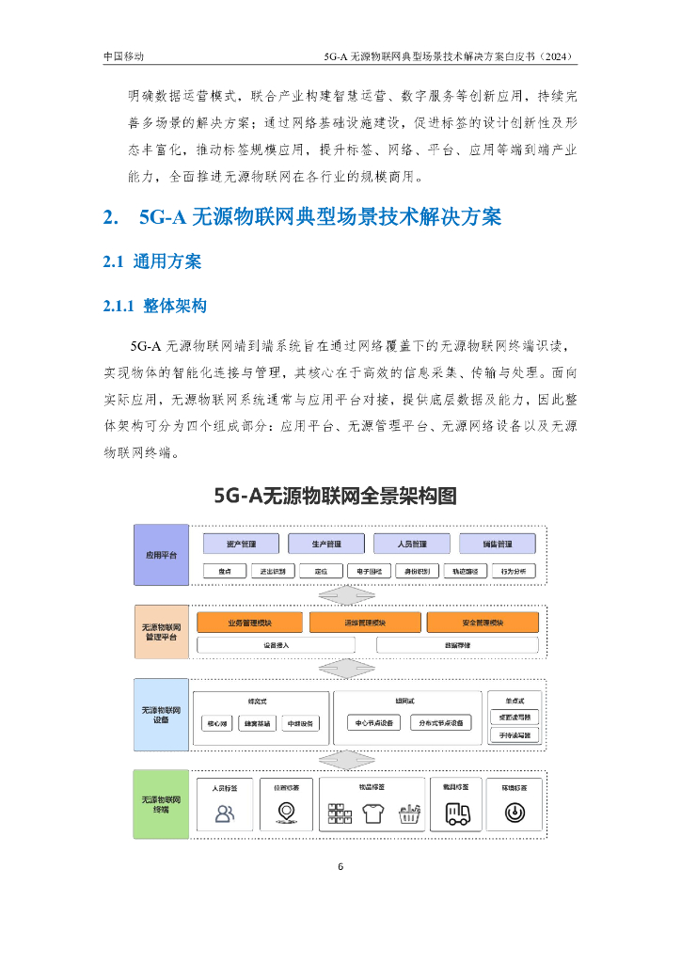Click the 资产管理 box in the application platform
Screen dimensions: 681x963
click(x=242, y=544)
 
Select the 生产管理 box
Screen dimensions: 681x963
click(x=327, y=544)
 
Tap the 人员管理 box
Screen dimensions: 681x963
click(x=412, y=544)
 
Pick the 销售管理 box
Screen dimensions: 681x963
click(x=498, y=544)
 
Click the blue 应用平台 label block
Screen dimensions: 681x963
click(x=161, y=556)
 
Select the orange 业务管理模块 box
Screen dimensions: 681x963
click(x=249, y=623)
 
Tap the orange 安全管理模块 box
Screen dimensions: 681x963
click(x=483, y=623)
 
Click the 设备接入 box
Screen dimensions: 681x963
click(x=277, y=645)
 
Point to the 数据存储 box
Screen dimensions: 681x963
click(x=457, y=645)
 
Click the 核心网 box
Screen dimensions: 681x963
click(x=217, y=723)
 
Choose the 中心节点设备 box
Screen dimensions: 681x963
click(x=374, y=723)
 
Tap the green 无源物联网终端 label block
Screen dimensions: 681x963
click(x=161, y=803)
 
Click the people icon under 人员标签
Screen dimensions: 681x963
click(x=226, y=814)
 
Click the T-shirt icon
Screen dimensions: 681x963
click(x=372, y=814)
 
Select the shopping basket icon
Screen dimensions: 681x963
click(x=407, y=814)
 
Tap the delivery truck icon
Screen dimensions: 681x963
click(x=458, y=814)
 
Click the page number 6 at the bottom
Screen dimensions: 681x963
click(x=340, y=866)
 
